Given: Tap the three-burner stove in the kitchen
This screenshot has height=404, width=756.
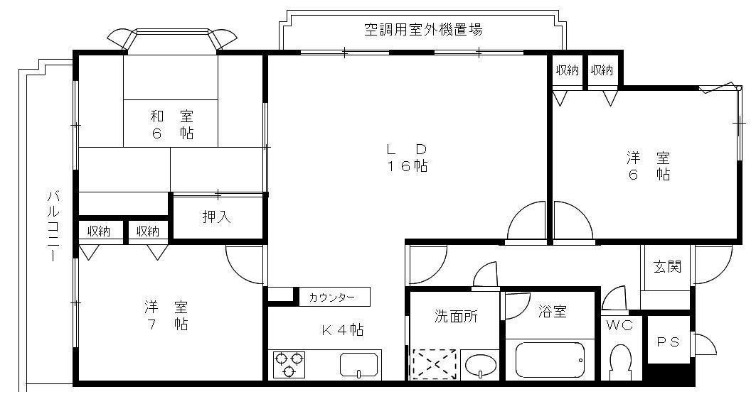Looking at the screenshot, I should click(289, 364).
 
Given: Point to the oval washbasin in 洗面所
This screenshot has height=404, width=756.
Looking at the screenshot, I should click(480, 366).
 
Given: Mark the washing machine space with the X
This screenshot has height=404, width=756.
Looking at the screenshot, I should click(435, 364).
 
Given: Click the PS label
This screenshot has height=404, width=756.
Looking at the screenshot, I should click(667, 342).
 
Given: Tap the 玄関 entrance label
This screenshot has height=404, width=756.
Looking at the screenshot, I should click(667, 267).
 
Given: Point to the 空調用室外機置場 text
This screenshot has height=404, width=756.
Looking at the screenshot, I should click(424, 30).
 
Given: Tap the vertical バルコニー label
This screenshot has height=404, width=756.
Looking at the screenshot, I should click(52, 226).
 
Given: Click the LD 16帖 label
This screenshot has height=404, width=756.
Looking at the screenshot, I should click(407, 158).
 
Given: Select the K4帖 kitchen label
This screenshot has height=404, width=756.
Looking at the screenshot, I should click(344, 329).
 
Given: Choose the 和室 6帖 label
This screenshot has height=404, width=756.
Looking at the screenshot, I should click(171, 124).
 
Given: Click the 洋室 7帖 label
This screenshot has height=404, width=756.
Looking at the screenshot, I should click(166, 315).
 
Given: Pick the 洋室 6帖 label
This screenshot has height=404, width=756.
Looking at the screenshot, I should click(647, 166).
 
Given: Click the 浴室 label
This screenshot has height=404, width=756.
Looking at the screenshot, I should click(553, 311).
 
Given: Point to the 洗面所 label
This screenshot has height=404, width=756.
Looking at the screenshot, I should click(456, 317).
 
